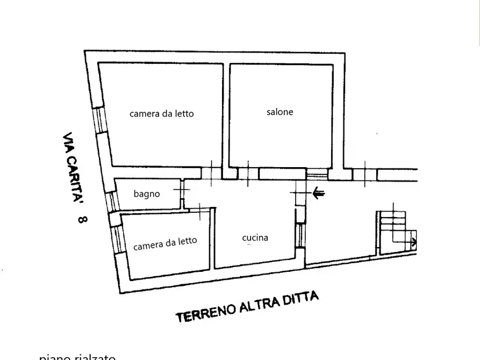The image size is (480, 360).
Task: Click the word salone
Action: click(x=280, y=112)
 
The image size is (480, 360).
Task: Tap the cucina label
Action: click(x=255, y=237)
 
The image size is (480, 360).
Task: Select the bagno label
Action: click(x=147, y=193)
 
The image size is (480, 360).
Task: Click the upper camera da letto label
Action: click(x=161, y=114)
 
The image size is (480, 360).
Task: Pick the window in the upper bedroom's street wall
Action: click(x=98, y=120)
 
